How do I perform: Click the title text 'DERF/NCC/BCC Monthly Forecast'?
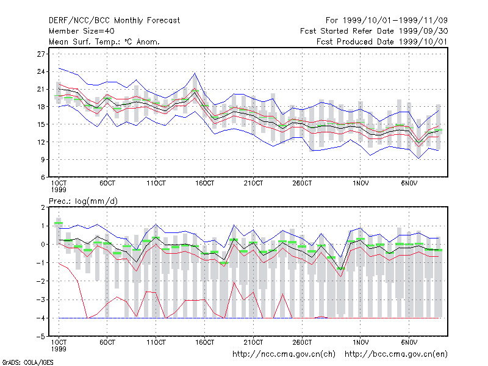point(114,21)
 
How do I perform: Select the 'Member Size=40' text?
point(82,31)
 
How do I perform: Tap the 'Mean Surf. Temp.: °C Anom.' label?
point(104,41)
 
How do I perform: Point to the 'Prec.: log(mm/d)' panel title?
point(83,201)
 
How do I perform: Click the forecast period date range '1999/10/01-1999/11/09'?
point(395,21)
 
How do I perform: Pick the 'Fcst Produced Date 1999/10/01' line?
point(382,41)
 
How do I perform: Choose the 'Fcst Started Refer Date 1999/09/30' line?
point(374,31)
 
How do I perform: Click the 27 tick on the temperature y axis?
point(41,54)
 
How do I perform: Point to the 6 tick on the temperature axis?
point(43,177)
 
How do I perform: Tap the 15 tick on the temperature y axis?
point(41,124)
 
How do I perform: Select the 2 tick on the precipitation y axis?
point(43,207)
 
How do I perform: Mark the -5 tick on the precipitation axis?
point(40,337)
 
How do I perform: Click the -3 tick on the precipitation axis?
point(40,300)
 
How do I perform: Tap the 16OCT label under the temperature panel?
point(204,184)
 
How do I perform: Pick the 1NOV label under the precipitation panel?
point(361,342)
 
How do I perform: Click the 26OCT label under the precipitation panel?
point(302,342)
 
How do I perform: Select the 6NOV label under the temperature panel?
point(409,184)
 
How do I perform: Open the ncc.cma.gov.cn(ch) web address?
point(284,354)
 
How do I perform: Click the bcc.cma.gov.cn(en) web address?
point(396,354)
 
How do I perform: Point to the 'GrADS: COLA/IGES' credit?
point(27,362)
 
